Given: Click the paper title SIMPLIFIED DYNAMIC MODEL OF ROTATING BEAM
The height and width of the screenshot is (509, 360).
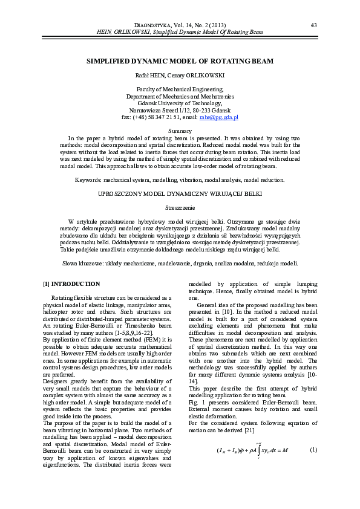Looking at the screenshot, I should pos(180,62).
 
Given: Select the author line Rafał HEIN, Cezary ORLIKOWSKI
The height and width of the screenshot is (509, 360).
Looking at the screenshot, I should pos(180,76).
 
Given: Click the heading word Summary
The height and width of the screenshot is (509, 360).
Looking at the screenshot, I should pos(180,131).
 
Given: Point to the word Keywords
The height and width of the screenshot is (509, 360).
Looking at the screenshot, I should pos(88,180).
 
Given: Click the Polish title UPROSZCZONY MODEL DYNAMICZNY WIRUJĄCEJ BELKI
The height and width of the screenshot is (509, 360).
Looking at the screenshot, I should pos(180,194).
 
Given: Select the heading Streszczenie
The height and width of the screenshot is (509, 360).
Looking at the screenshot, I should pos(180,207).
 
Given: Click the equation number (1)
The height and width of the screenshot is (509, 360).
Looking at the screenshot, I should pos(313,467).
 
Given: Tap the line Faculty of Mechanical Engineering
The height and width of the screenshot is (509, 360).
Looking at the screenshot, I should pos(180,89).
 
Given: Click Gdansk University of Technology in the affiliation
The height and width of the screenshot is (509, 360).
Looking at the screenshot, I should pos(180,103).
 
